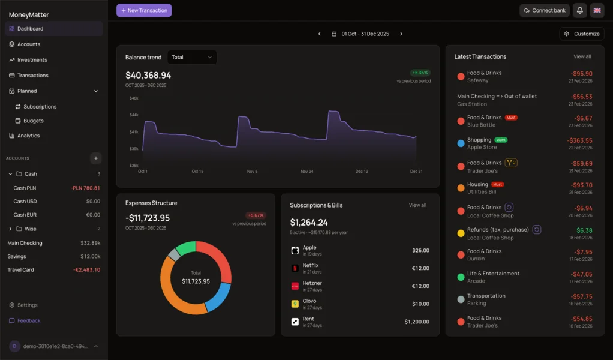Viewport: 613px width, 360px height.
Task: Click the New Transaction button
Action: pyautogui.click(x=144, y=10)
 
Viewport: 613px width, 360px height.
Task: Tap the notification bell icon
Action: pyautogui.click(x=579, y=10)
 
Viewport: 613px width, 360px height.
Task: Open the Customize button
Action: pyautogui.click(x=582, y=34)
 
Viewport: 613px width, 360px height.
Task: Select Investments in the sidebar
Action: pyautogui.click(x=32, y=60)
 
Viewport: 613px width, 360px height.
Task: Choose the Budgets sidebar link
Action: pyautogui.click(x=34, y=121)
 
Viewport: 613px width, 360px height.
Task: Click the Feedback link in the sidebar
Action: pyautogui.click(x=29, y=320)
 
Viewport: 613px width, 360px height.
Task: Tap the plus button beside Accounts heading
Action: pyautogui.click(x=95, y=158)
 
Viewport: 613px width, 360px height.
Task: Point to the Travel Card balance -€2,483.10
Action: pyautogui.click(x=86, y=270)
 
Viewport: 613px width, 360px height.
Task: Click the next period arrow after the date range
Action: pyautogui.click(x=401, y=34)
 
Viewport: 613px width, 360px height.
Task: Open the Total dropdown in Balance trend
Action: pyautogui.click(x=192, y=58)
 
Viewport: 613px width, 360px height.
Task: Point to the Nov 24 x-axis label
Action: pyautogui.click(x=306, y=172)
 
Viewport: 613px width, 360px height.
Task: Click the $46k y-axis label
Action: pyautogui.click(x=134, y=98)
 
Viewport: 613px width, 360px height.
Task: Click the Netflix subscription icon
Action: pyautogui.click(x=295, y=268)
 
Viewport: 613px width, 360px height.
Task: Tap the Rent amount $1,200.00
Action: pyautogui.click(x=416, y=322)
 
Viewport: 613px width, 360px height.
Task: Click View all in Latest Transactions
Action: pyautogui.click(x=582, y=57)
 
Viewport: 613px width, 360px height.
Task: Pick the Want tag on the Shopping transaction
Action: pyautogui.click(x=501, y=140)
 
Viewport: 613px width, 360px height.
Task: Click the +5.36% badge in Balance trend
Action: pyautogui.click(x=420, y=73)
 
